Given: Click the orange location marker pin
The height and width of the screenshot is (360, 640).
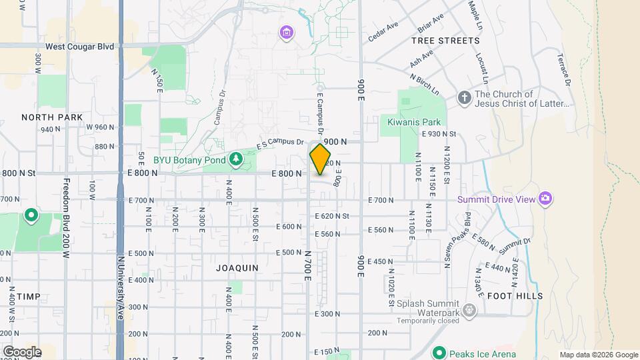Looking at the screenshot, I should [320, 159].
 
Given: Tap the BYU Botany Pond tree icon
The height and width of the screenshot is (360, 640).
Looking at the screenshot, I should [235, 159].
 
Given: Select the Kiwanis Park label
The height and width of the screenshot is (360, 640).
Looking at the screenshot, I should [414, 122].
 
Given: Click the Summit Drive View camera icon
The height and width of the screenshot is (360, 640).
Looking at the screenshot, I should [545, 199].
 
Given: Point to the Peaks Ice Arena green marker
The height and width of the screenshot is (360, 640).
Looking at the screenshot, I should [439, 352].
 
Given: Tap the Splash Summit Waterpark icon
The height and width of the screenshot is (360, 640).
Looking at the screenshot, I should [469, 309].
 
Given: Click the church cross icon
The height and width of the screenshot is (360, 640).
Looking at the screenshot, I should [465, 99].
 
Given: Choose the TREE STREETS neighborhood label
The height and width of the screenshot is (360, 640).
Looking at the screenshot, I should [445, 41].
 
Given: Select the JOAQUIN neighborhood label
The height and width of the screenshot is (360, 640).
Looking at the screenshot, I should [237, 267].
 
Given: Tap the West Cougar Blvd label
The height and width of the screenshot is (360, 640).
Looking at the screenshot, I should [80, 47].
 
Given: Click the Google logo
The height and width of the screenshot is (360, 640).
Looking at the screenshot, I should [21, 351].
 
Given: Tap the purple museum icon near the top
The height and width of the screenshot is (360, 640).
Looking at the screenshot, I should [287, 32].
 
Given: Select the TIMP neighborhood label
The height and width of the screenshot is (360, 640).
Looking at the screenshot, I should [29, 295].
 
